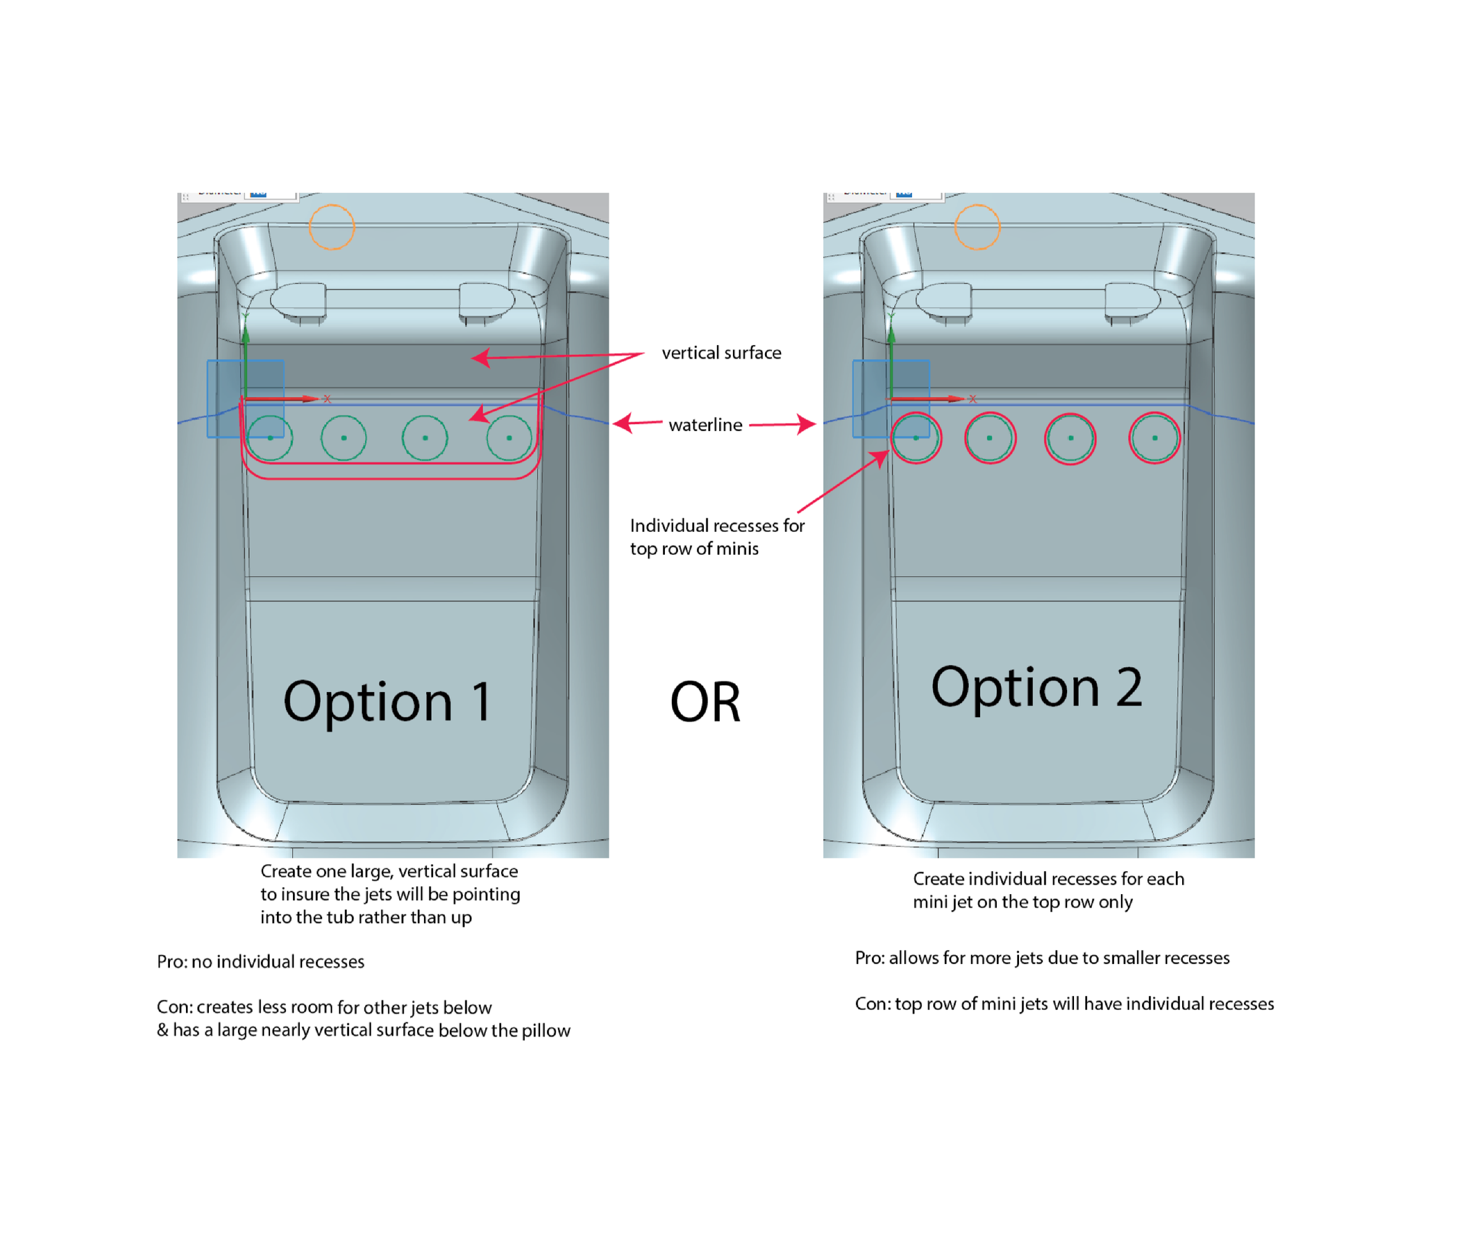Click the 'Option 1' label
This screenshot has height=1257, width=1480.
tap(387, 702)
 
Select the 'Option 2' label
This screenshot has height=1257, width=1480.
tap(1036, 688)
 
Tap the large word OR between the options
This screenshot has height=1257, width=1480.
tap(705, 702)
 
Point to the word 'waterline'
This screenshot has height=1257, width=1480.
tap(705, 425)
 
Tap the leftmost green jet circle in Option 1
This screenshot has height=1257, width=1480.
tap(270, 438)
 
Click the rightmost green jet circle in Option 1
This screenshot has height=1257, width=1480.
tap(509, 438)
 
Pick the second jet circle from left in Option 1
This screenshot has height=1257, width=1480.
tap(344, 438)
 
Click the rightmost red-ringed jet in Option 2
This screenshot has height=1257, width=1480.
tap(1154, 438)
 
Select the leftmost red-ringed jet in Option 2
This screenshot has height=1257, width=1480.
tap(916, 438)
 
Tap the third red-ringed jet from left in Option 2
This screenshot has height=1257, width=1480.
tap(1070, 438)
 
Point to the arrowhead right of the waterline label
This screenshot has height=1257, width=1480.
tap(808, 424)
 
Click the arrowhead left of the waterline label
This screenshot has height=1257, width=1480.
tap(621, 424)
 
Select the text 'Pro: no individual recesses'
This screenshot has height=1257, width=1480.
tap(261, 962)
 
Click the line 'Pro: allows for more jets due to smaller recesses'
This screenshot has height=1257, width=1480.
tap(1042, 958)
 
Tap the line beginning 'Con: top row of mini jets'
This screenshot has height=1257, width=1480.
tap(1064, 1003)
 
